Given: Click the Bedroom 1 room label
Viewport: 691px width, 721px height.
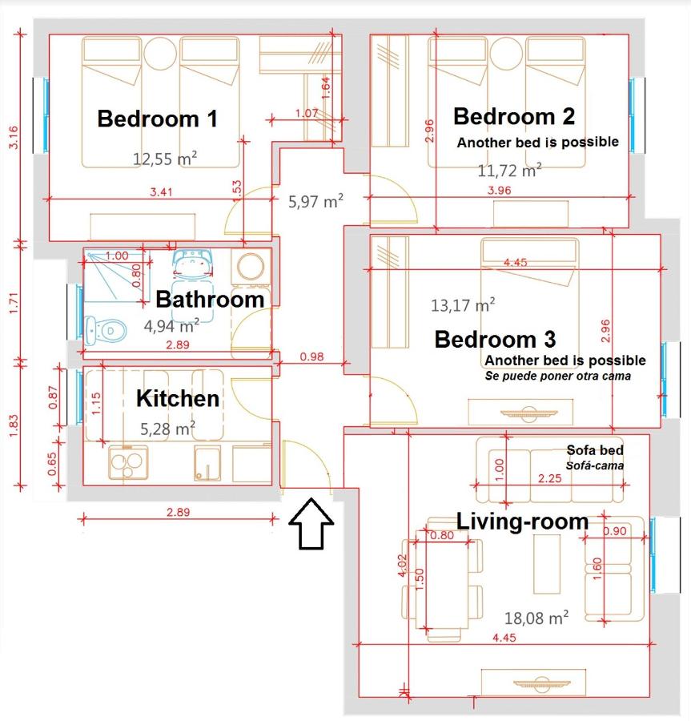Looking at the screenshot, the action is tap(157, 119).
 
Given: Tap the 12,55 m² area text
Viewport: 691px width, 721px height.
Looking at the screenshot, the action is tap(165, 159).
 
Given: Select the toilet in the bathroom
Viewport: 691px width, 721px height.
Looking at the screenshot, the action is tap(105, 330).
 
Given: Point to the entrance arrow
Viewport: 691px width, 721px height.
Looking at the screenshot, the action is tap(311, 523).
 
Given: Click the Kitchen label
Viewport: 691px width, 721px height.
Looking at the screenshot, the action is tap(178, 398).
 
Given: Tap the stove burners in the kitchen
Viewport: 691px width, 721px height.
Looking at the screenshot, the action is tap(128, 463).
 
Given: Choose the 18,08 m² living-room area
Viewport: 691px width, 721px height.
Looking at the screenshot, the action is tap(536, 618).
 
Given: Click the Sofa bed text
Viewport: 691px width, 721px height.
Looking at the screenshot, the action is tap(595, 450).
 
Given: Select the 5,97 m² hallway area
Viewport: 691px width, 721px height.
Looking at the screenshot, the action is tap(315, 201).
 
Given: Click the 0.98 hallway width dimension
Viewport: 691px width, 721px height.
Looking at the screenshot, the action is tap(311, 356).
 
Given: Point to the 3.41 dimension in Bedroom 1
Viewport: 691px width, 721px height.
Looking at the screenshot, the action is tap(161, 191).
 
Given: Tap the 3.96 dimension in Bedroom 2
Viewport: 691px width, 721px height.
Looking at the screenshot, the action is tap(499, 190).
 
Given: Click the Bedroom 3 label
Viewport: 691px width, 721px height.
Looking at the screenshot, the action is tap(495, 340).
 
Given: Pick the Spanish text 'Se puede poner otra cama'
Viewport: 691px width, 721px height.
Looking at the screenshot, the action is tap(558, 377).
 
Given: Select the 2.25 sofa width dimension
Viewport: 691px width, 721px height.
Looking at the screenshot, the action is tap(550, 478).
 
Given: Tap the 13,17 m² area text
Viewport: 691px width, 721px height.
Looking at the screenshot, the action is tap(463, 305).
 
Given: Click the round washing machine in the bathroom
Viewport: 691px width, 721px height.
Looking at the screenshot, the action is tap(251, 267).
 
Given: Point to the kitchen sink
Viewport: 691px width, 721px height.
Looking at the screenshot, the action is tap(207, 463).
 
